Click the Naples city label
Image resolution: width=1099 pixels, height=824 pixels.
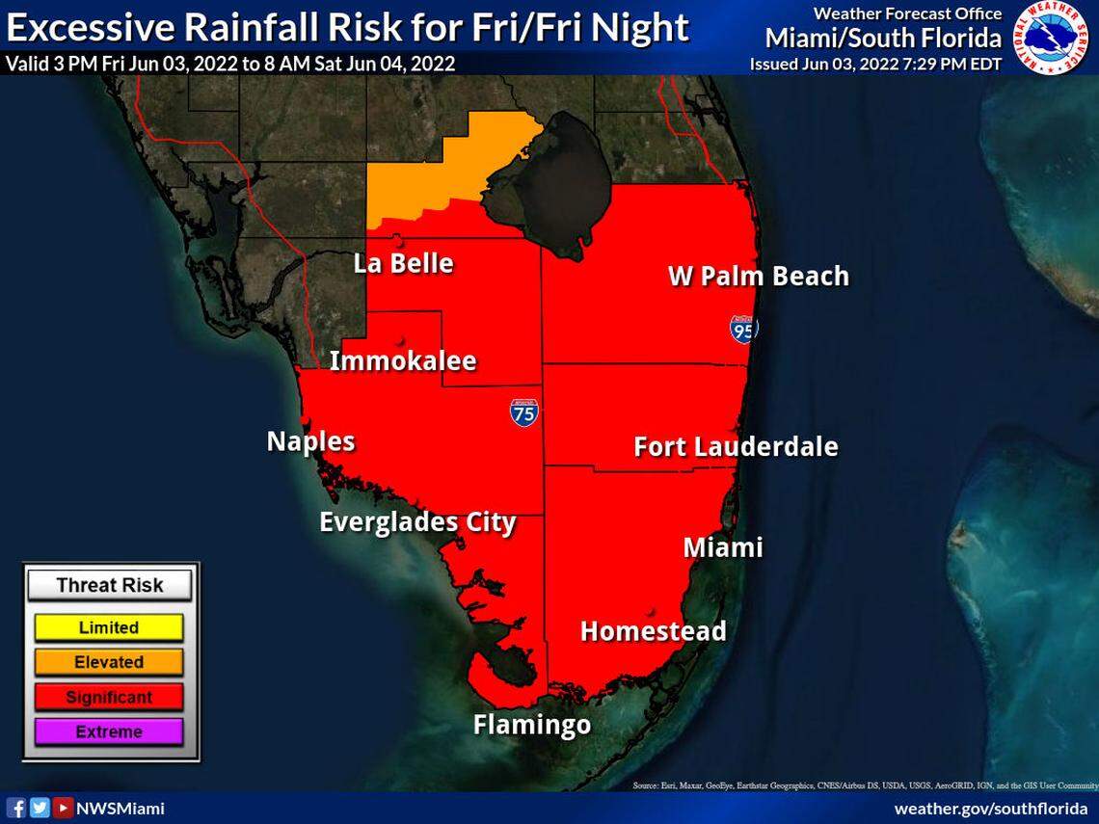coord(310,441)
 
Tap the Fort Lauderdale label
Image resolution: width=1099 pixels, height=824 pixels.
coord(735,447)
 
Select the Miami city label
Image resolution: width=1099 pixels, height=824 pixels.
coord(722,547)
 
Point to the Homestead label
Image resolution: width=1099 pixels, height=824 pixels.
coord(653,631)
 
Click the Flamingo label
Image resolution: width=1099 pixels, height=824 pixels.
coord(531,724)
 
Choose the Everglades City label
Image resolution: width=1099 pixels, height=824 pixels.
coord(417,522)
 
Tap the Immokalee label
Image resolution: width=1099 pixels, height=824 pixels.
coord(403,361)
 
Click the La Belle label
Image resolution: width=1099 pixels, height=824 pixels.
coord(403,263)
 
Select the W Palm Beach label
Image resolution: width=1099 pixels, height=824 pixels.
coord(759,277)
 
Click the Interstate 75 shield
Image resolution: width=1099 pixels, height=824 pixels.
coord(524,412)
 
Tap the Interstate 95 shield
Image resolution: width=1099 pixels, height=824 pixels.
coord(743,330)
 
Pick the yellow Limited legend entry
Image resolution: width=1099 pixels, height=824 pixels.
coord(109,627)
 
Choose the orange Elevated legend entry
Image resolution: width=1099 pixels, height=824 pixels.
coord(109,662)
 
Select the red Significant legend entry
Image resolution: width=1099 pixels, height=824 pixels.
coord(109,697)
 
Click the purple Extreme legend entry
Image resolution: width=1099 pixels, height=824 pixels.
coord(109,731)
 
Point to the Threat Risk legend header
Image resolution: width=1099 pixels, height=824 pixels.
coord(109,585)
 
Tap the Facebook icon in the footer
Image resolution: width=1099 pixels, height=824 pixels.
coord(16,808)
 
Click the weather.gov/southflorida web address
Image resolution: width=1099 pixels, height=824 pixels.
coord(990,808)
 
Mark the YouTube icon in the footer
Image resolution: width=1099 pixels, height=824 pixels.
coord(62,808)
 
